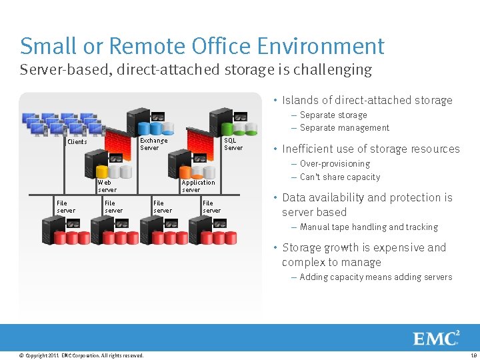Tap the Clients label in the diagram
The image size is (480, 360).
click(77, 142)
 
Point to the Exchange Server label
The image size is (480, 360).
click(153, 144)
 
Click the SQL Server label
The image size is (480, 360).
click(233, 144)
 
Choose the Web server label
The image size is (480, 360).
click(107, 186)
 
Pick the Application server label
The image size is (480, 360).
click(198, 186)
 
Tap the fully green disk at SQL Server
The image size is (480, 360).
click(227, 128)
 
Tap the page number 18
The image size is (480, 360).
click(474, 356)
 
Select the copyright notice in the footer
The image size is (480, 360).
click(81, 356)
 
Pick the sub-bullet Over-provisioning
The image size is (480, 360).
click(335, 164)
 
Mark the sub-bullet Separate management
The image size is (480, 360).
click(344, 128)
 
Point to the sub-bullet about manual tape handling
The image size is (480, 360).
click(369, 227)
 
